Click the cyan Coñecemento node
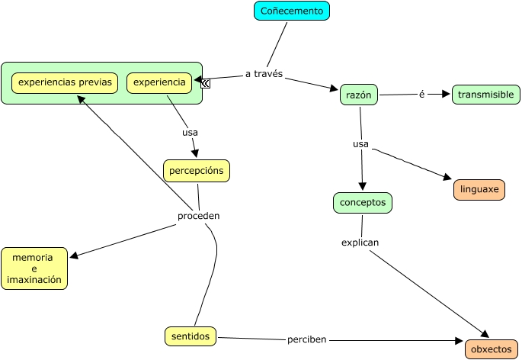coord(291,11)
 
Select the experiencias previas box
coord(65,82)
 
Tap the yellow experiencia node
coord(159,82)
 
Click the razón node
coord(358,95)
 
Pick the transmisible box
coord(486,95)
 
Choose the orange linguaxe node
coord(479,189)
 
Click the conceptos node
coord(362,203)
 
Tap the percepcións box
coord(196,171)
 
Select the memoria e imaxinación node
coord(34,268)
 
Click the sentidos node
coord(191,336)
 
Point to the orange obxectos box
coord(491,349)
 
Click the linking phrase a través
coord(264,74)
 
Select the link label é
coord(421,94)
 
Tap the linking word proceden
coord(198,216)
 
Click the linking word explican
coord(360,243)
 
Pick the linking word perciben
coord(306,339)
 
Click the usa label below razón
coord(360,143)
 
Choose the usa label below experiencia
coord(190,132)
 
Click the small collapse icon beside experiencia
coord(206,83)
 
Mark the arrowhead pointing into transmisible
coord(446,94)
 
